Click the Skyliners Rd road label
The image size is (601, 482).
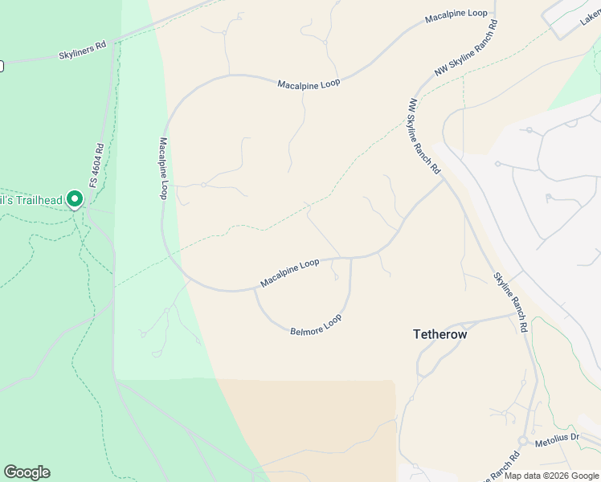click(x=83, y=52)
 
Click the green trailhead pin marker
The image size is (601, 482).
click(x=75, y=198)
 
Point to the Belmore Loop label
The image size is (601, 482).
click(x=316, y=325)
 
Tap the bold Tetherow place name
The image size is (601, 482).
click(x=440, y=333)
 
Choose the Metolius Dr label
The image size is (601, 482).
click(x=558, y=436)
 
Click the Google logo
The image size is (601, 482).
click(x=27, y=472)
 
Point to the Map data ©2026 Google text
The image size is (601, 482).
click(x=550, y=476)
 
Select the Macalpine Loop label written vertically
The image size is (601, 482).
click(x=163, y=168)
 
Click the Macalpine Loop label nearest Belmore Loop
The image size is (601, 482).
click(x=289, y=273)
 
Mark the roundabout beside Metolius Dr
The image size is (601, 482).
click(x=522, y=441)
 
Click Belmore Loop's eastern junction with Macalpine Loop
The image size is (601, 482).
click(x=351, y=259)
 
